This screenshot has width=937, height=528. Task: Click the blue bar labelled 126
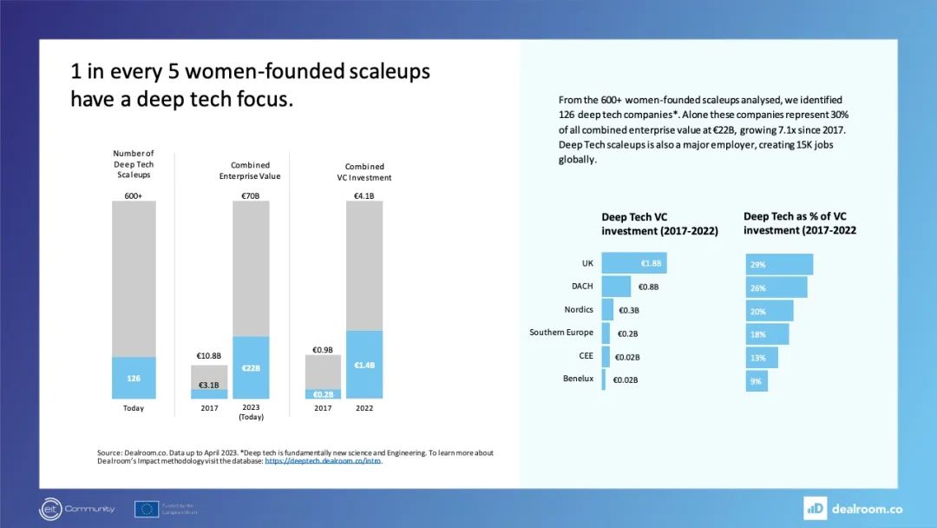point(134,378)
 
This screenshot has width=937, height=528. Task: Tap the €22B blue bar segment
point(251,367)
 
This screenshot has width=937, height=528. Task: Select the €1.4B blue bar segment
point(364,365)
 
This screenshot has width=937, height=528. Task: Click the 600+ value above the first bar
point(134,195)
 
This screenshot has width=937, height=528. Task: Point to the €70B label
point(251,195)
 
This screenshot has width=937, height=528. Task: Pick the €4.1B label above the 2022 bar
point(364,195)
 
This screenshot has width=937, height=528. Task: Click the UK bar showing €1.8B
point(634,263)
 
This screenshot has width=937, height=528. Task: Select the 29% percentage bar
point(779,264)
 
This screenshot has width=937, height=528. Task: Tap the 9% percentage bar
point(757,380)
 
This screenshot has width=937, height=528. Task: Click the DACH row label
point(582,286)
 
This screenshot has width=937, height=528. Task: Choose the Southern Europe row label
point(561,333)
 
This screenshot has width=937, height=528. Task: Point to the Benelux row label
point(579,379)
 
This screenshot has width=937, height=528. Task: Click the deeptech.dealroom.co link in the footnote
point(323,461)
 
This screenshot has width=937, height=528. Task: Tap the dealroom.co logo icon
point(815,508)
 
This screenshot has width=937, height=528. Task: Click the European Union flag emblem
point(146,509)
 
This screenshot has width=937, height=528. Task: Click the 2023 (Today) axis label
point(251,412)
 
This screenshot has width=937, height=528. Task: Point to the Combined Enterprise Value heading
point(250,170)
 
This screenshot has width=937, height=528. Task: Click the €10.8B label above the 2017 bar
point(208,356)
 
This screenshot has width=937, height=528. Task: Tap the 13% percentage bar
point(762,357)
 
